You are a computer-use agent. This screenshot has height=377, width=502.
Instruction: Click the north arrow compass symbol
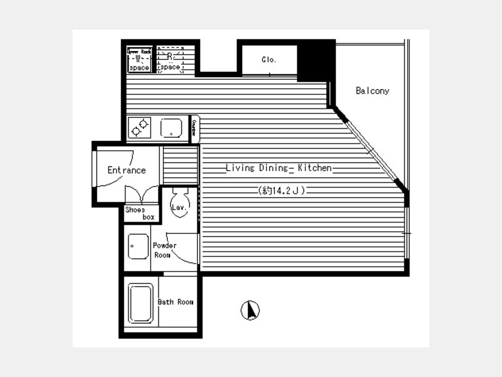tap(250, 310)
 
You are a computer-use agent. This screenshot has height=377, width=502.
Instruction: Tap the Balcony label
tap(373, 90)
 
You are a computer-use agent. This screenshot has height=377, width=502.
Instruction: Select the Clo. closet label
tap(269, 60)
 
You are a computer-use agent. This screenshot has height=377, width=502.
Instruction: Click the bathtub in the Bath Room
tap(141, 303)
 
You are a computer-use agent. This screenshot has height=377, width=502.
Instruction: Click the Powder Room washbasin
tap(138, 246)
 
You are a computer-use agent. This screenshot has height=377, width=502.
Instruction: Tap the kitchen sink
tap(171, 128)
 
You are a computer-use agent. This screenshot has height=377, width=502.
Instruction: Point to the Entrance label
tap(127, 170)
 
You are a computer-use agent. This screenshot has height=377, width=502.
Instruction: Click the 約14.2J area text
tap(282, 190)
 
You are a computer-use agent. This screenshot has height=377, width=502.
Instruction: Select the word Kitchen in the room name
tap(314, 168)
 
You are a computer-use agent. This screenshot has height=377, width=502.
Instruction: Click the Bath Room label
tap(175, 302)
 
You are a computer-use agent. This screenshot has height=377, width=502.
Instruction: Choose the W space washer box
tap(139, 60)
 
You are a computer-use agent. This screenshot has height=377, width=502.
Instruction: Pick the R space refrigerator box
tap(170, 60)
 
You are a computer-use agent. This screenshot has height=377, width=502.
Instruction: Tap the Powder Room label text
tap(164, 250)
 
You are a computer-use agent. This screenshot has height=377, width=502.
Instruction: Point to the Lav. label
tap(178, 208)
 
